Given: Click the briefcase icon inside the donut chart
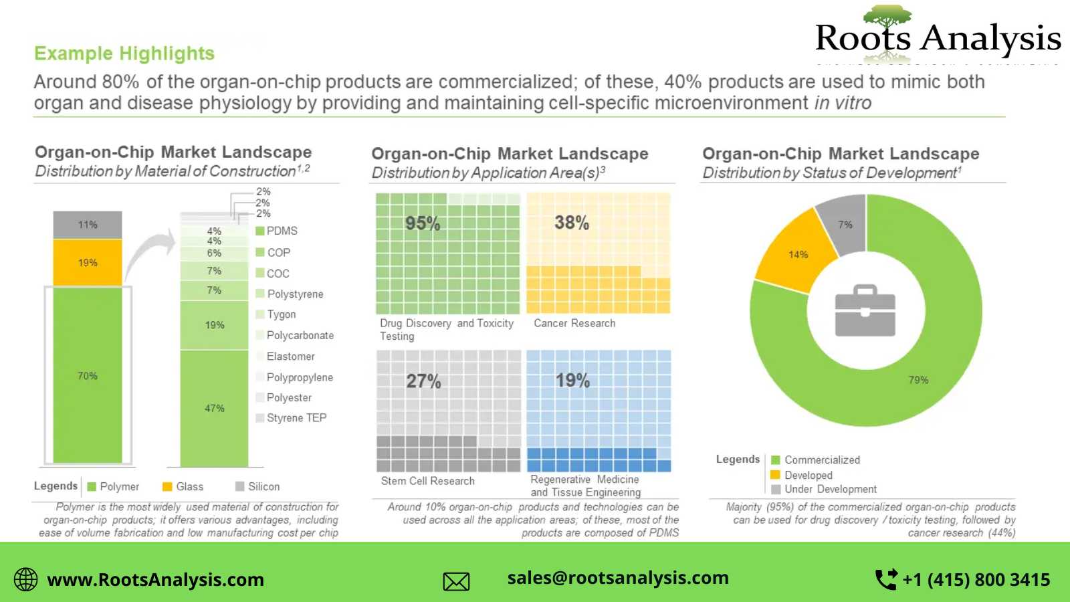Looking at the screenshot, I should click(x=865, y=311).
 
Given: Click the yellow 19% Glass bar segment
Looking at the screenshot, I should click(x=88, y=263).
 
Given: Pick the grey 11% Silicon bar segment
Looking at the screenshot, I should click(x=88, y=225).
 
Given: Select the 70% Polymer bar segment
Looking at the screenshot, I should click(x=88, y=376).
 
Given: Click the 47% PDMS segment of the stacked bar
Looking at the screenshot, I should click(x=214, y=408).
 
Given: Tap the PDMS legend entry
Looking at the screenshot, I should click(x=277, y=231).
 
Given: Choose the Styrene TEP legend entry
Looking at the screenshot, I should click(x=292, y=418).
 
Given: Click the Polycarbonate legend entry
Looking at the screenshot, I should click(x=295, y=336).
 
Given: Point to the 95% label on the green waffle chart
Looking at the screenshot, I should click(x=423, y=223).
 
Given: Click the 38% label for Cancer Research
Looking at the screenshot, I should click(x=572, y=223).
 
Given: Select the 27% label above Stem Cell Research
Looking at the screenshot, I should click(x=423, y=382).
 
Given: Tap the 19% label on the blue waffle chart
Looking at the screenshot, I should click(x=572, y=381).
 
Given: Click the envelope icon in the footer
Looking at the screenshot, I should click(x=456, y=581).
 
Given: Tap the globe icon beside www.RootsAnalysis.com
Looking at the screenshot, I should click(x=26, y=579).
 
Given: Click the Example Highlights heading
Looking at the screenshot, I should click(x=124, y=54).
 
